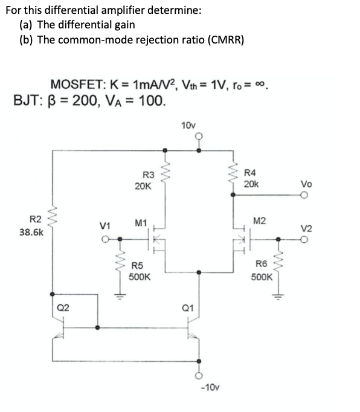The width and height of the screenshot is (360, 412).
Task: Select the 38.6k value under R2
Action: pos(31,231)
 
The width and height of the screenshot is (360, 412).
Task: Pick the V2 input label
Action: pos(306,228)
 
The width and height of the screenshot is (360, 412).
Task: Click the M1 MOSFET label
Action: pos(142,224)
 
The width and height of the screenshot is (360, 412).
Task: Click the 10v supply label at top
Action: pos(188,125)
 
